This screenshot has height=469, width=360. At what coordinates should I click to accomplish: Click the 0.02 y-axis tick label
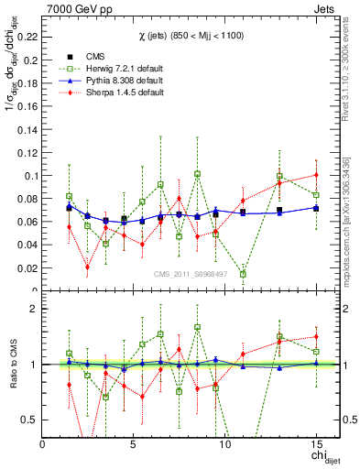(x=27, y=267)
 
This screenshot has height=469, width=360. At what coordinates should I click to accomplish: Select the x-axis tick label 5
(x=134, y=444)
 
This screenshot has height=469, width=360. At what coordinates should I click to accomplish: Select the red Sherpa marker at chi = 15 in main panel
(x=316, y=174)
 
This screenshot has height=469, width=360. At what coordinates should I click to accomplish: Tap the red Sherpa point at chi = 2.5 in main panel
(x=87, y=267)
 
